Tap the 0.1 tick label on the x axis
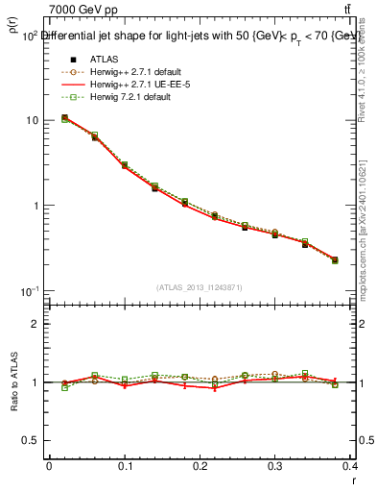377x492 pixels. tap(125, 466)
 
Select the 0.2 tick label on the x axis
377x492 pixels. tap(200, 466)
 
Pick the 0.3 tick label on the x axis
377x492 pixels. tap(276, 466)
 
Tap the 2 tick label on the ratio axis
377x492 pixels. tap(37, 324)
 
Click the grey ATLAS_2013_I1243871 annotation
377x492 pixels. tap(199, 287)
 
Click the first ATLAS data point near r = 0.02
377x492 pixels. tap(64, 118)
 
